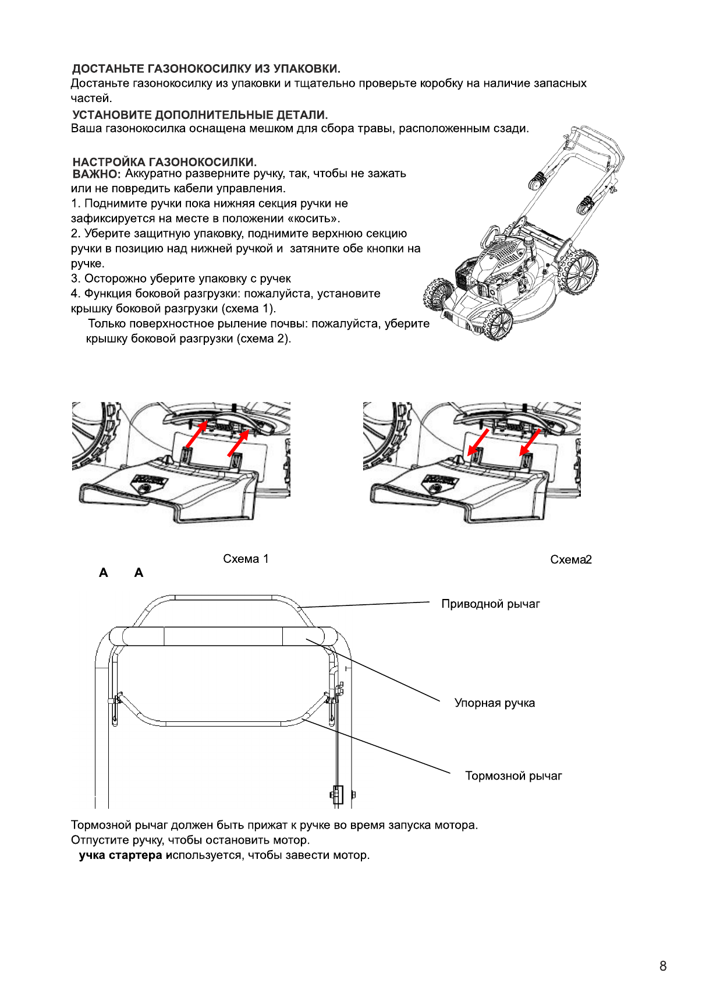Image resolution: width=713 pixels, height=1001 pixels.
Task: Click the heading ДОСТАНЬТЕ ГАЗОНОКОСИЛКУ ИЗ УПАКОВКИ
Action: pyautogui.click(x=206, y=69)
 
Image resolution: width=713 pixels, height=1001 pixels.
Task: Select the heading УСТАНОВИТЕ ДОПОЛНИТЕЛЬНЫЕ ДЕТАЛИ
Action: pyautogui.click(x=200, y=115)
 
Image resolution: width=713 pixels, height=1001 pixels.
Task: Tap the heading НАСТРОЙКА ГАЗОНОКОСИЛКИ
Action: pyautogui.click(x=164, y=161)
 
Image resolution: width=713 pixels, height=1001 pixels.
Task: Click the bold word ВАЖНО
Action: pyautogui.click(x=96, y=174)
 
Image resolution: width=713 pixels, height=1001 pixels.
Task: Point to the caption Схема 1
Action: pyautogui.click(x=246, y=559)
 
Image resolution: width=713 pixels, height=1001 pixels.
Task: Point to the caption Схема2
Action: pyautogui.click(x=570, y=560)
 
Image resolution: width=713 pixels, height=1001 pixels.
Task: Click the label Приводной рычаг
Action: pyautogui.click(x=490, y=604)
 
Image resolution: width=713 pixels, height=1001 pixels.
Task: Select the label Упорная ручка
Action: pyautogui.click(x=494, y=703)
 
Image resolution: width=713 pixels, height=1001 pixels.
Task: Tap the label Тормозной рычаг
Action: pyautogui.click(x=513, y=776)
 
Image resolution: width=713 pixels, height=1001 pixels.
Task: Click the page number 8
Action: pyautogui.click(x=662, y=966)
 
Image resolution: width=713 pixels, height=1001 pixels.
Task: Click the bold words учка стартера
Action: pyautogui.click(x=120, y=855)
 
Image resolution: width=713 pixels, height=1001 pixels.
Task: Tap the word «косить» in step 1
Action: pyautogui.click(x=313, y=219)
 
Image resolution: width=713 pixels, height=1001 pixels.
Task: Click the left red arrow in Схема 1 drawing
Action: pyautogui.click(x=196, y=434)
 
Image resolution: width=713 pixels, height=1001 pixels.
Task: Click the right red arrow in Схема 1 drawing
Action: pyautogui.click(x=238, y=442)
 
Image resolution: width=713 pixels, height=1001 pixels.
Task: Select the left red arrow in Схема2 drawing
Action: pyautogui.click(x=478, y=442)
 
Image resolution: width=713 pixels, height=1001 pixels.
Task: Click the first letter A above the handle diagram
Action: pyautogui.click(x=104, y=573)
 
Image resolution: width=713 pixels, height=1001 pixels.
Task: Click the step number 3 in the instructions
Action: pyautogui.click(x=75, y=279)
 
